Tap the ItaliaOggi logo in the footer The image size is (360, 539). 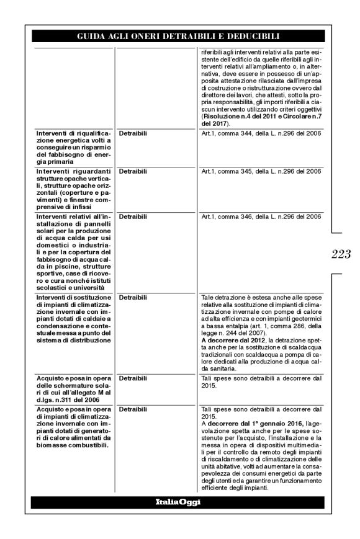click(178, 502)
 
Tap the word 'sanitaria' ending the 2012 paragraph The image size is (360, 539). click(215, 368)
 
